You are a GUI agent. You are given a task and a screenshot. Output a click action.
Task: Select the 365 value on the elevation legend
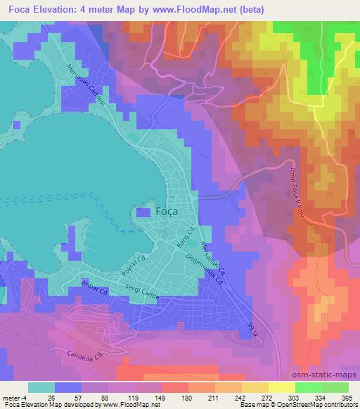(347, 396)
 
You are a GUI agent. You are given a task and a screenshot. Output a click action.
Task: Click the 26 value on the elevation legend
(50, 396)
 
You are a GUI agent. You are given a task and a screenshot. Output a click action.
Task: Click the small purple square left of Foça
(143, 212)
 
